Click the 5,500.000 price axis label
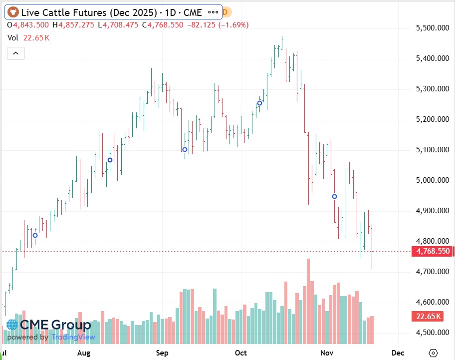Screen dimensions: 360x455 [432, 28]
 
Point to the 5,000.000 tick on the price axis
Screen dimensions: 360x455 [432, 180]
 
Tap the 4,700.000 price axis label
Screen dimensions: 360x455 [432, 272]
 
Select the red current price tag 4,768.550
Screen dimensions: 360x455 [433, 252]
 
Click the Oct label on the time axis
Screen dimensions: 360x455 [241, 353]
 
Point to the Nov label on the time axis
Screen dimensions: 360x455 [327, 353]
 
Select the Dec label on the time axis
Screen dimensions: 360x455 [398, 353]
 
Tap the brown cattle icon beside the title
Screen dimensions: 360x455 [12, 12]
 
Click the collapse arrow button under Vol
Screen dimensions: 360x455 [15, 53]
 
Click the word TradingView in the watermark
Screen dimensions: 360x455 [73, 337]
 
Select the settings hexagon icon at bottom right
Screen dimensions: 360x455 [433, 353]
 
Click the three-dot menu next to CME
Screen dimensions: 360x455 [213, 12]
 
